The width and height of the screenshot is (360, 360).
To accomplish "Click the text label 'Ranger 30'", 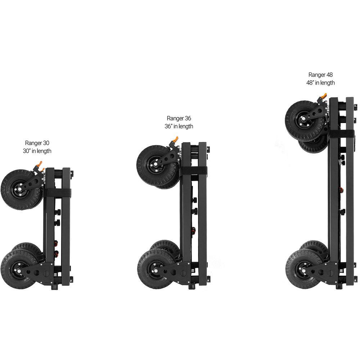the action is (x=37, y=143).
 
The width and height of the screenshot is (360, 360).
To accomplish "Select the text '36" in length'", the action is (x=179, y=126).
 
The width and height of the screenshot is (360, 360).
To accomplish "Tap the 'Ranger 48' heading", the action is (x=320, y=75).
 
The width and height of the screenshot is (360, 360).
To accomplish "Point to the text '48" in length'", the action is (x=320, y=83).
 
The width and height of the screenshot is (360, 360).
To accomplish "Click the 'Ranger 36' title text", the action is (x=179, y=118).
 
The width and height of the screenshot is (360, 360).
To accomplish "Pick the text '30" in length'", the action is (x=37, y=151).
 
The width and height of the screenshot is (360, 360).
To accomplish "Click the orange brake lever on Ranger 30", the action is (x=40, y=164).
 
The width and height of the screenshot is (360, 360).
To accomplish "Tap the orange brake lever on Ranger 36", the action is (x=176, y=139).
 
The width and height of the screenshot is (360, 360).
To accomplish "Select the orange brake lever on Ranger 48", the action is (x=324, y=96).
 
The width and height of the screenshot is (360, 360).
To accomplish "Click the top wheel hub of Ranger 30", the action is (x=19, y=189).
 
